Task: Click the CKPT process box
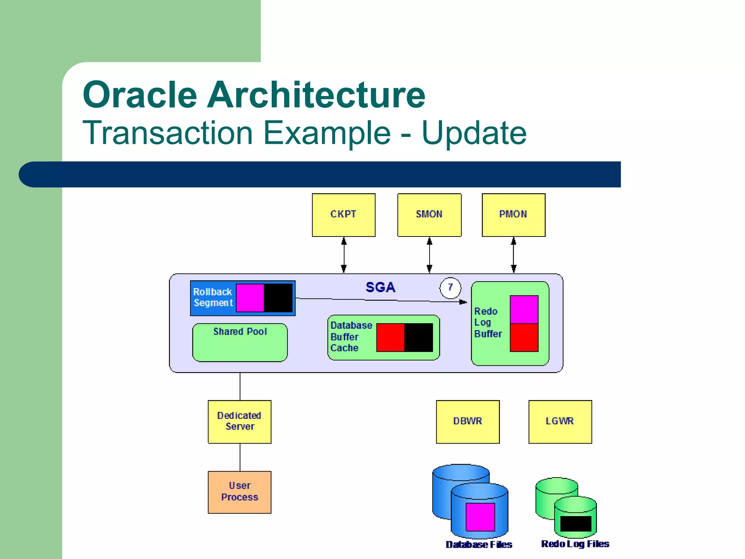pos(343,215)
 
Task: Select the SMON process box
pos(429,215)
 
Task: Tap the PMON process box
pos(513,215)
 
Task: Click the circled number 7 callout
pos(450,288)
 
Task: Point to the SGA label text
pos(380,287)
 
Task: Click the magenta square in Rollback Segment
pos(250,298)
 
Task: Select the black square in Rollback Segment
pos(278,298)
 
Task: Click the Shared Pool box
pos(240,342)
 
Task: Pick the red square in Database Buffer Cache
pos(390,337)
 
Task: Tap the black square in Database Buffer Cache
pos(419,337)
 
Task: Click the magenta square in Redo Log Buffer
pos(524,309)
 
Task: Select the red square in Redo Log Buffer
pos(524,338)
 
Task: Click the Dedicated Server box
pos(239,421)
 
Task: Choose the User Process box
pos(239,492)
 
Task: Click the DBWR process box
pos(467,421)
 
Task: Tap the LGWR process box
pos(560,421)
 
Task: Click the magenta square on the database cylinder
pos(480,517)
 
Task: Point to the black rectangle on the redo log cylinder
pos(575,524)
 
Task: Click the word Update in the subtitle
pos(474,133)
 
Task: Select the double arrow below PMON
pos(513,255)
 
